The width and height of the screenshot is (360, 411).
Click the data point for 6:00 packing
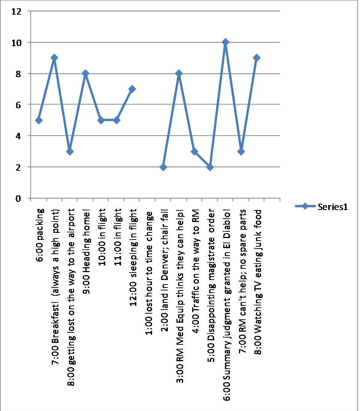(39, 120)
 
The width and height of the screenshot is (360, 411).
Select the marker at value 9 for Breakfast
(54, 58)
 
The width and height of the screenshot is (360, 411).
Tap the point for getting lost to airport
(70, 151)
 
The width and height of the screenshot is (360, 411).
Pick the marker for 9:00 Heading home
(85, 73)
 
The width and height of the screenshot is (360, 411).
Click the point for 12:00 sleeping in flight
(132, 89)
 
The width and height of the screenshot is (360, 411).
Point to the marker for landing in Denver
(163, 167)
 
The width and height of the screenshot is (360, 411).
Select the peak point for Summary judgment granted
(225, 42)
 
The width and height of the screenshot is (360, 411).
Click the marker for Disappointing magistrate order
(210, 167)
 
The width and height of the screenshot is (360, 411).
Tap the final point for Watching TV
(256, 58)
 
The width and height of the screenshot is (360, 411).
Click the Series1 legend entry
(321, 206)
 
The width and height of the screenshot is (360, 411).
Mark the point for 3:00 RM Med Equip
(179, 73)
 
